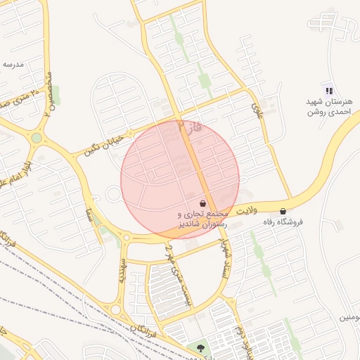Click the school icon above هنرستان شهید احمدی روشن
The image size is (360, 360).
pos(328,90)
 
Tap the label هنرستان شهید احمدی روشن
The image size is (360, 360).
pos(328,107)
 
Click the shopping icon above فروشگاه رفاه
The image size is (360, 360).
pos(283,211)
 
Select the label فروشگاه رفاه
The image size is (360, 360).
pos(282,222)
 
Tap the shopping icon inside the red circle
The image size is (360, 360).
pos(202,202)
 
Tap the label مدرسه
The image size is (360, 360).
pos(13,64)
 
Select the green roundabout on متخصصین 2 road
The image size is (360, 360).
pos(36,138)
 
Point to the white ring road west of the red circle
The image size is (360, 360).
pos(113,194)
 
